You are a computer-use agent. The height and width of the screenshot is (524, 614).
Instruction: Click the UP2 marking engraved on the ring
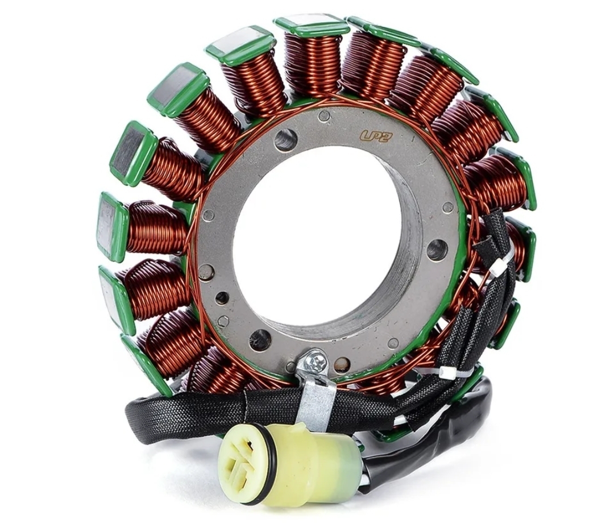pos(374,135)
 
